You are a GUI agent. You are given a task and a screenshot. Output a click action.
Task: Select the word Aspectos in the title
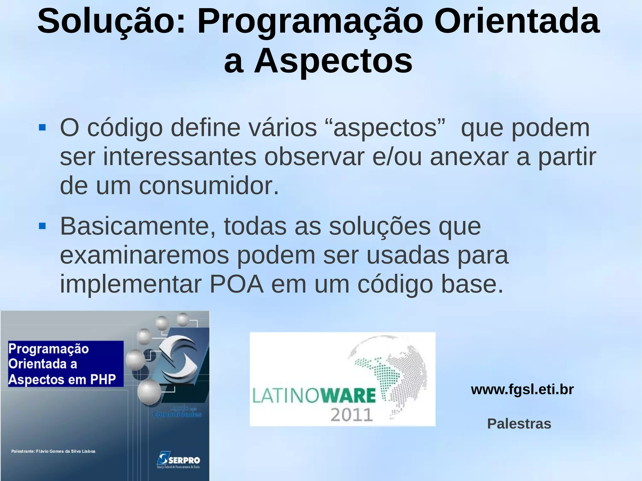(333, 61)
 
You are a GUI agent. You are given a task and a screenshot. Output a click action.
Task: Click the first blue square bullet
(42, 128)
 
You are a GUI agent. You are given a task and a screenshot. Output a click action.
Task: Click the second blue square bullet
(42, 226)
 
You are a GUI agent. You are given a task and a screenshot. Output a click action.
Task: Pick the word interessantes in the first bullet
(180, 157)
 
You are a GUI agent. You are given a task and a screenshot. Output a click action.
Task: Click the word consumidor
(208, 186)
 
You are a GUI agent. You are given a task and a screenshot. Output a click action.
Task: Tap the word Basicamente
(138, 226)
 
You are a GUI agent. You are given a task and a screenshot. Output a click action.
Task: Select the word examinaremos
(144, 255)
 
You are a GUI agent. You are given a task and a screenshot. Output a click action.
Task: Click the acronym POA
(237, 284)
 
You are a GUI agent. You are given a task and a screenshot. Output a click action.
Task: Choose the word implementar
(131, 284)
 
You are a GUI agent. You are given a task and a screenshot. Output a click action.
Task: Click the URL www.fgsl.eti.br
(522, 390)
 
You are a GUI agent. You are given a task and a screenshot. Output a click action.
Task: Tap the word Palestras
(519, 424)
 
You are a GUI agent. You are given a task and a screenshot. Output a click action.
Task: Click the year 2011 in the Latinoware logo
(352, 415)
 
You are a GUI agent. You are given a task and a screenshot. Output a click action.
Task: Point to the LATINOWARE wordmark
(314, 395)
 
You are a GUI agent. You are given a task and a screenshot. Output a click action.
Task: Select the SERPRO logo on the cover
(178, 460)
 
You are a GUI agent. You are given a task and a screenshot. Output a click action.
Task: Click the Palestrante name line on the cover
(53, 451)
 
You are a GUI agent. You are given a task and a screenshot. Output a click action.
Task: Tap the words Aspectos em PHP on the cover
(62, 379)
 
